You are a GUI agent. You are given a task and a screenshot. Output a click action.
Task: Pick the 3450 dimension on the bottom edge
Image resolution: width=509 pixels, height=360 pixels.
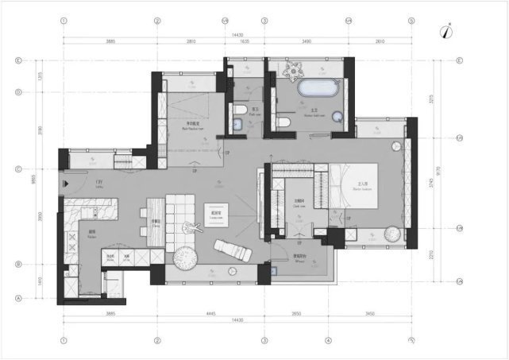click(x=369, y=315)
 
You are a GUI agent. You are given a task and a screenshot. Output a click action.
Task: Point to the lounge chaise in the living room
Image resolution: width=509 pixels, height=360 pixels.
click(x=231, y=250)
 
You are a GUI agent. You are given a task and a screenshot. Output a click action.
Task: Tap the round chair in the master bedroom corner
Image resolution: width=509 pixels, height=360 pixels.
click(x=393, y=234)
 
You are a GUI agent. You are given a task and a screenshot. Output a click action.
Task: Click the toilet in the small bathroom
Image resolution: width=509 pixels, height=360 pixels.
click(x=238, y=111)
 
